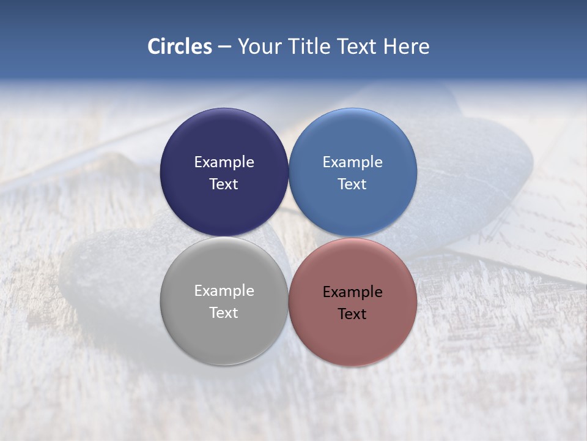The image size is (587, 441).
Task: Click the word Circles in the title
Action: point(180,47)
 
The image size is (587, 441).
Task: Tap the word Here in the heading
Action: point(406,47)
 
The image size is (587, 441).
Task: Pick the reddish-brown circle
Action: point(353,337)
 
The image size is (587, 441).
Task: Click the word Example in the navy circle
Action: point(224,162)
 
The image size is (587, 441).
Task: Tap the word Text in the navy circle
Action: point(224,184)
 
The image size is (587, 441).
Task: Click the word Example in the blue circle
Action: point(352,162)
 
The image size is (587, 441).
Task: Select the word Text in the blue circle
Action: point(352,184)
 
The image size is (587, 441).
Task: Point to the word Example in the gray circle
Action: point(224,291)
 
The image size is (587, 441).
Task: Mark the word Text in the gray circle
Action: point(224,313)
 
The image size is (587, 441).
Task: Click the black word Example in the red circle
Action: point(352,292)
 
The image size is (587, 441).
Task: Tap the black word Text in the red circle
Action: point(352,314)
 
